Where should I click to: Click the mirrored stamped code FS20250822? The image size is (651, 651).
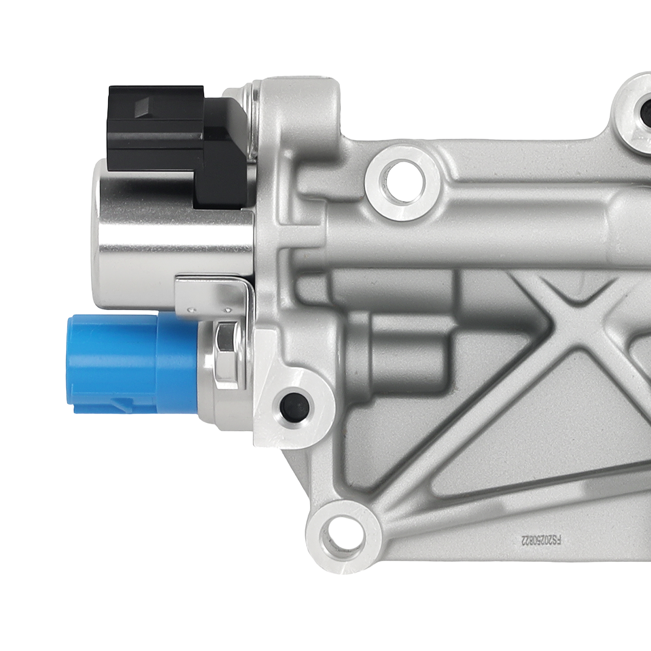click(x=541, y=541)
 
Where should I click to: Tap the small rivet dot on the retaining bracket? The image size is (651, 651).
click(x=190, y=311)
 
